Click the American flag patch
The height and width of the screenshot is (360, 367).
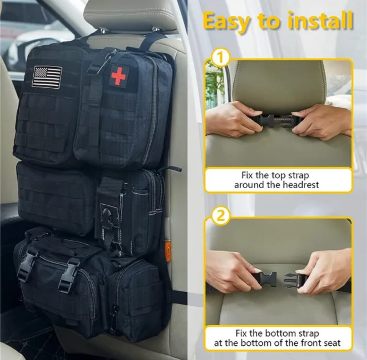pyautogui.click(x=47, y=77)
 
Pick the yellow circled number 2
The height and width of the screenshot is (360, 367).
pyautogui.click(x=221, y=216)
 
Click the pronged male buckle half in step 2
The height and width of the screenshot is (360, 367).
pyautogui.click(x=292, y=280)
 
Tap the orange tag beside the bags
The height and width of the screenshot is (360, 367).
pyautogui.click(x=168, y=252)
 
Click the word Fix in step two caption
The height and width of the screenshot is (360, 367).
pyautogui.click(x=241, y=332)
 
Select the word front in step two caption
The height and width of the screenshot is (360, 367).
pyautogui.click(x=310, y=343)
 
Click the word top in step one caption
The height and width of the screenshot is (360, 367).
pyautogui.click(x=278, y=175)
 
